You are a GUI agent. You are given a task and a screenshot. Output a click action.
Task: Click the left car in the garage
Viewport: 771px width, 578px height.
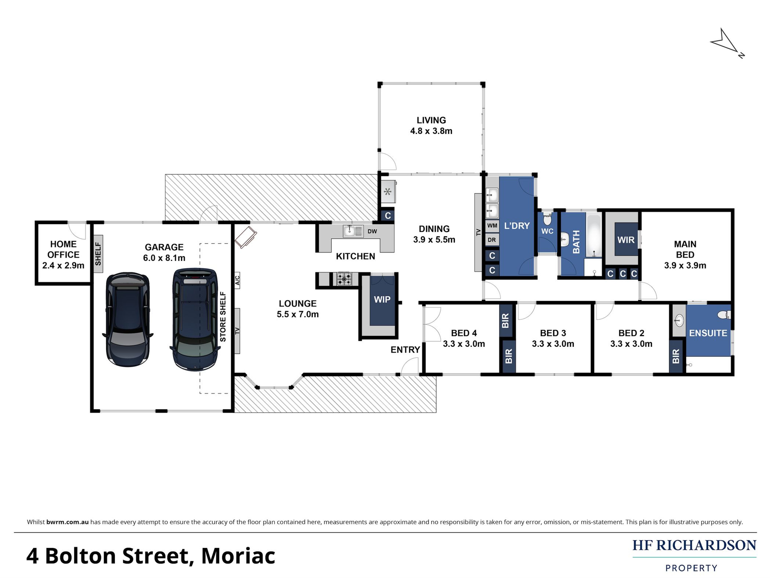128,319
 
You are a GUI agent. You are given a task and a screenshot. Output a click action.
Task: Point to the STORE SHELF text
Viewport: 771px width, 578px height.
223,317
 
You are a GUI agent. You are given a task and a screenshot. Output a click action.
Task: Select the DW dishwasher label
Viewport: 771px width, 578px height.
372,231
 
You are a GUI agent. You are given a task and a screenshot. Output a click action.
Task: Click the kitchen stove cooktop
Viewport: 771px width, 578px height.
344,279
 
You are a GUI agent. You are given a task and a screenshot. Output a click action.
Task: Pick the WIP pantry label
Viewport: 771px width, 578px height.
382,299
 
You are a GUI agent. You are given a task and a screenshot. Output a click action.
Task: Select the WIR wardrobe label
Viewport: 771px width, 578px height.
626,240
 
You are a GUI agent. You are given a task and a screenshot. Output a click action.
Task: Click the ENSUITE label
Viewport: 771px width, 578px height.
708,333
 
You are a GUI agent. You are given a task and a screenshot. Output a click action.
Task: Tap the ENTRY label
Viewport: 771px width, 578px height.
405,350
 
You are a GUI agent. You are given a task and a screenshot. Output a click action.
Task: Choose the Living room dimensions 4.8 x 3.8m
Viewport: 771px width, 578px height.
431,131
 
